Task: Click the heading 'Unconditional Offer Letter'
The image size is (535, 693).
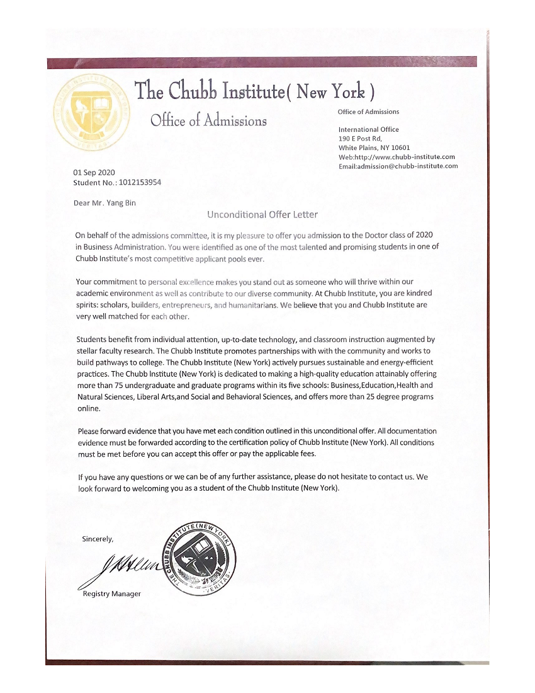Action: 262,214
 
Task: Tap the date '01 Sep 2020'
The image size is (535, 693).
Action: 94,173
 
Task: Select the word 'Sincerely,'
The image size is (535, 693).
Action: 98,539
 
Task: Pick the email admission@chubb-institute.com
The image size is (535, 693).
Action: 407,166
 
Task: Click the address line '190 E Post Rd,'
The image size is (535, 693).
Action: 360,138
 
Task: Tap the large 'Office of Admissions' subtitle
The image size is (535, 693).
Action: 208,120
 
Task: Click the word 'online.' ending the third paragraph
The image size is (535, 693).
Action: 89,408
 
